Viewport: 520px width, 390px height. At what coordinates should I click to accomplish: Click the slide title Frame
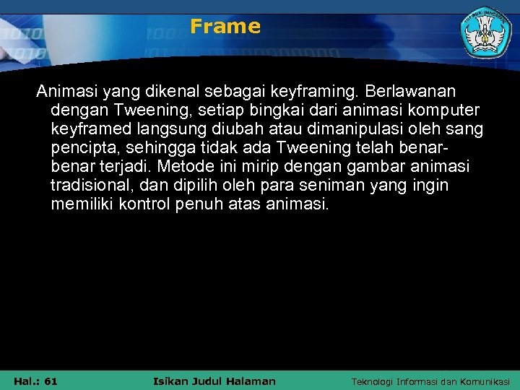(x=225, y=27)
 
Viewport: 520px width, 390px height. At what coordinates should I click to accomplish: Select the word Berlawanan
(x=415, y=92)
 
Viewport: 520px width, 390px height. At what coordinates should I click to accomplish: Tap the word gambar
(x=380, y=168)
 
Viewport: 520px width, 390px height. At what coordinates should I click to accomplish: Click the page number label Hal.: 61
(x=36, y=381)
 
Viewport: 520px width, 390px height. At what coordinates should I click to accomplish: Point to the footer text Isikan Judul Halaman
(x=215, y=381)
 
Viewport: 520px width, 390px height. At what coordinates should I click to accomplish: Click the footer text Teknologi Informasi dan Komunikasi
(x=430, y=381)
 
